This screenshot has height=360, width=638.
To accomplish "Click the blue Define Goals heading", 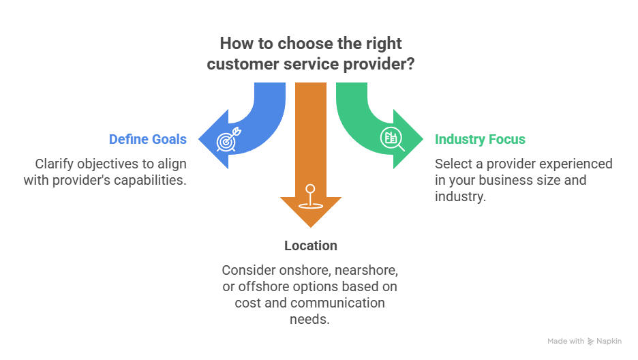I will tap(147, 140).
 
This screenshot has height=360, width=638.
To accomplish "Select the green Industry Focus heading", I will tap(480, 140).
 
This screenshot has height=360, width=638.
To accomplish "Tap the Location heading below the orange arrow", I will tap(311, 245).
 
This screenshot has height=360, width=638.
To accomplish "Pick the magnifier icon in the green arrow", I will tap(394, 138).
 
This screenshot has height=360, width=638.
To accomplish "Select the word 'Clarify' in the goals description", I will tap(53, 164).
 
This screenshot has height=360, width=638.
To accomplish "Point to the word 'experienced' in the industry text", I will tap(579, 164).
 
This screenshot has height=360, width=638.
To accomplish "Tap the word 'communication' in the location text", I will tap(346, 302).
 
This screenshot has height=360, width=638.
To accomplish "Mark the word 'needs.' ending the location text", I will tap(310, 318).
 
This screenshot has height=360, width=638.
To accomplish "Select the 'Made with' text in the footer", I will tap(565, 341).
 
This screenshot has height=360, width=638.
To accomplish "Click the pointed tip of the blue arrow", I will tap(198, 139).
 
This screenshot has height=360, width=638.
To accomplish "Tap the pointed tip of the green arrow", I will tap(423, 139).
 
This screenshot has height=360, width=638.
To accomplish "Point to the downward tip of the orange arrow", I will tap(310, 228).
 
